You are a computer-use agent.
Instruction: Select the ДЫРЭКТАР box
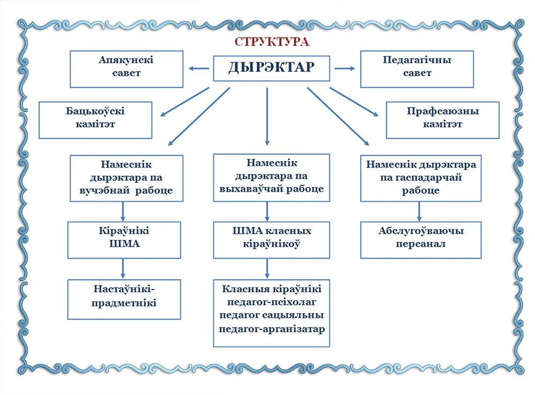coord(272,68)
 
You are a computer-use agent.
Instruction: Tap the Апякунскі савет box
coord(126,69)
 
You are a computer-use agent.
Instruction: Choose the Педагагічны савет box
coord(417,69)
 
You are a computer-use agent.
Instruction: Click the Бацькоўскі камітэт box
coord(95,120)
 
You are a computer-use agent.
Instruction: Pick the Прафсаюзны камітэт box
coord(442,120)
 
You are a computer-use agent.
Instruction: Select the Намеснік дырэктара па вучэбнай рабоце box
coord(126,178)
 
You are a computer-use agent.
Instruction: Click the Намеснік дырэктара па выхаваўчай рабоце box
coord(272,177)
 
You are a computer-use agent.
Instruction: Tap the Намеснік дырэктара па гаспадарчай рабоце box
coord(421,178)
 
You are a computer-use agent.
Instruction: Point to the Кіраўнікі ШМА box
coord(124,240)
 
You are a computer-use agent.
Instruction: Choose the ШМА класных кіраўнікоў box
coord(272,240)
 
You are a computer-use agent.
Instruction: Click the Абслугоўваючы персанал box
coord(421,240)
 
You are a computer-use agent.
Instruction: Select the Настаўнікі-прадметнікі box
coord(124,299)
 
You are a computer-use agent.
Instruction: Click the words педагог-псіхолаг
coord(272,302)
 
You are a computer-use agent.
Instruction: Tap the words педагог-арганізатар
coord(272,329)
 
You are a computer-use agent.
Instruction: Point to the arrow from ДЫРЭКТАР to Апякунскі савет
coord(198,68)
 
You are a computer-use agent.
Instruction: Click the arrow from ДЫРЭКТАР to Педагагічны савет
coord(345,68)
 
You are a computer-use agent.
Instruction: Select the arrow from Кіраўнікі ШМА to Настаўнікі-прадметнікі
coord(123,268)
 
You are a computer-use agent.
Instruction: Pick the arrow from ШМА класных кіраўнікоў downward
coord(267,268)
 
